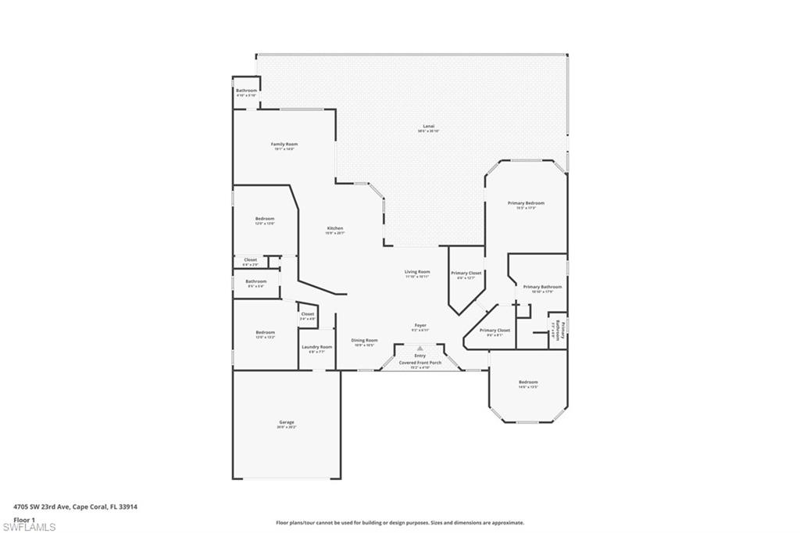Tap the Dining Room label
point(364,342)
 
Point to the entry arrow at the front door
point(420,349)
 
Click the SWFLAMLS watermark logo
point(28,526)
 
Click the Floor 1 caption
point(24,519)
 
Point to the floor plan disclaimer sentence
point(399,523)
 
